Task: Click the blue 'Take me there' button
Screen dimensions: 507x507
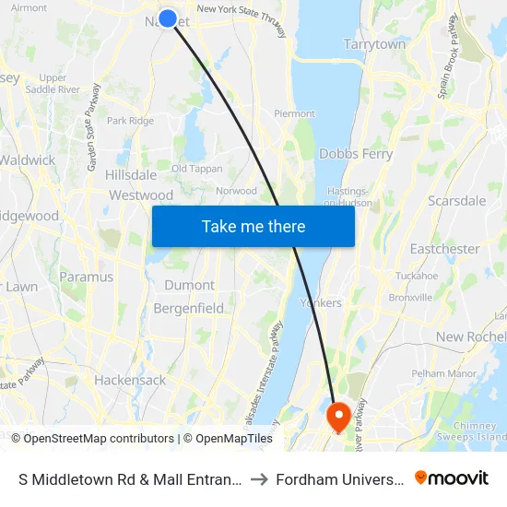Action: tap(253, 226)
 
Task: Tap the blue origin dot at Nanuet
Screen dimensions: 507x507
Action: tap(168, 18)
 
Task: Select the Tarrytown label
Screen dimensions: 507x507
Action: tap(374, 44)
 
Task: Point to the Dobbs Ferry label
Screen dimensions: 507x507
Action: tap(356, 154)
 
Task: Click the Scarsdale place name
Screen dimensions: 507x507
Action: tap(456, 200)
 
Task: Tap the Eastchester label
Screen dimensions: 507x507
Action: tap(444, 249)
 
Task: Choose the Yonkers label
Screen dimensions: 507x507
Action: tap(321, 302)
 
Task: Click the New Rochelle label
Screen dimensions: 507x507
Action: tap(470, 337)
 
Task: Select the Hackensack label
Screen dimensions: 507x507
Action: tap(130, 380)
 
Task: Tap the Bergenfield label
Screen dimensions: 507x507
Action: tap(188, 308)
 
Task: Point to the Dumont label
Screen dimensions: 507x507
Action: tap(189, 285)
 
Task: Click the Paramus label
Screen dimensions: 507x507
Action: tap(87, 277)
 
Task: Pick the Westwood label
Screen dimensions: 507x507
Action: tap(141, 195)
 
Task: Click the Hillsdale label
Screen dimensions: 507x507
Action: tap(131, 174)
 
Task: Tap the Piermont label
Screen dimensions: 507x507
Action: tap(294, 113)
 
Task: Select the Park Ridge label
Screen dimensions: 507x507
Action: tap(130, 121)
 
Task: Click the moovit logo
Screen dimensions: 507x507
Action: tap(452, 478)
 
